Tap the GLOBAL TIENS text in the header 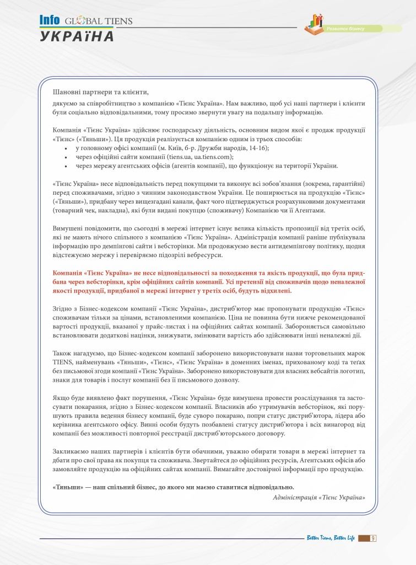pos(99,22)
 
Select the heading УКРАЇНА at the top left pos(77,36)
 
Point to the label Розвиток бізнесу pos(346,28)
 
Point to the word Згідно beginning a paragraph pos(64,309)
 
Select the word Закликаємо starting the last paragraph pos(73,451)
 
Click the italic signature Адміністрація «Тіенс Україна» pos(319,497)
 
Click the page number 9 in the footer pos(373,539)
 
